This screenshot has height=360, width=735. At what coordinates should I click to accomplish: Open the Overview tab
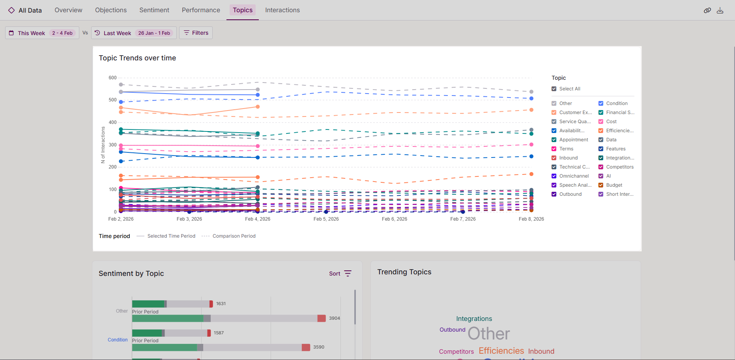coord(68,10)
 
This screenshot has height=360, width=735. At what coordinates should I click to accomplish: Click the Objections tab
coord(111,10)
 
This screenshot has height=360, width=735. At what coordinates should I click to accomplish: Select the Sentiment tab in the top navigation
coord(154,10)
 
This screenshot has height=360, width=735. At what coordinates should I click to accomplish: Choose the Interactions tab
coord(282,10)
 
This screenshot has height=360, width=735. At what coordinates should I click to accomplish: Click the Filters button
coord(196,33)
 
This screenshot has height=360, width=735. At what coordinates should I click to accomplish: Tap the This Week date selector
coord(42,33)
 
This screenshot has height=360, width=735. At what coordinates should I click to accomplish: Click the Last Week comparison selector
coord(134,33)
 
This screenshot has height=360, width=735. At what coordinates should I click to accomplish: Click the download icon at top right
coord(720,11)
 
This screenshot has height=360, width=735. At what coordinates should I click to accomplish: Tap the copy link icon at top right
coord(707,11)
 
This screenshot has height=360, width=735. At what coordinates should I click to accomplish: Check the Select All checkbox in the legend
coord(554,89)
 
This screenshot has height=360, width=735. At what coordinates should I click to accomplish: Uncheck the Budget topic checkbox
coord(601,185)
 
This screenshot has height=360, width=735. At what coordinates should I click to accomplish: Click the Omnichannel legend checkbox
coord(554,176)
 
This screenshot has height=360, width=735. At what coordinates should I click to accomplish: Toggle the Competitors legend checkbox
coord(601,167)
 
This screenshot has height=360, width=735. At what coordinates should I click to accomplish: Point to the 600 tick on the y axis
coord(113,78)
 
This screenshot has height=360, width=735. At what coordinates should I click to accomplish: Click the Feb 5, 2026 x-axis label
coord(326,219)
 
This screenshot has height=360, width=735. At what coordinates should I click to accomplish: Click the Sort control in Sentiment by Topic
coord(340,274)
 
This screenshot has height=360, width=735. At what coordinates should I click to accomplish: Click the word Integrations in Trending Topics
coord(474,319)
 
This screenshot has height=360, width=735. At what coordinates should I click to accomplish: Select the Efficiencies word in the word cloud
coord(501,351)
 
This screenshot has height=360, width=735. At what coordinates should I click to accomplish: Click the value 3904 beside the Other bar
coord(334,318)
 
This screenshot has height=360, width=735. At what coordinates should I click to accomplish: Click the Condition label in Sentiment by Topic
coord(118,340)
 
